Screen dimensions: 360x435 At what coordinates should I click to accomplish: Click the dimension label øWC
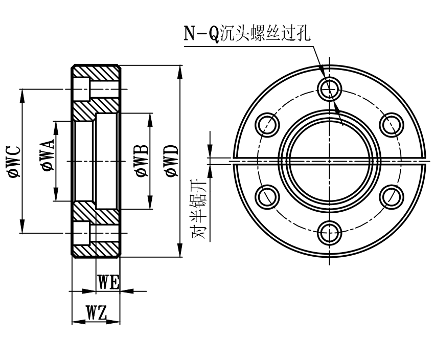point(14,161)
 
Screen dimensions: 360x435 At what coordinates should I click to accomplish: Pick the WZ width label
point(96,313)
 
